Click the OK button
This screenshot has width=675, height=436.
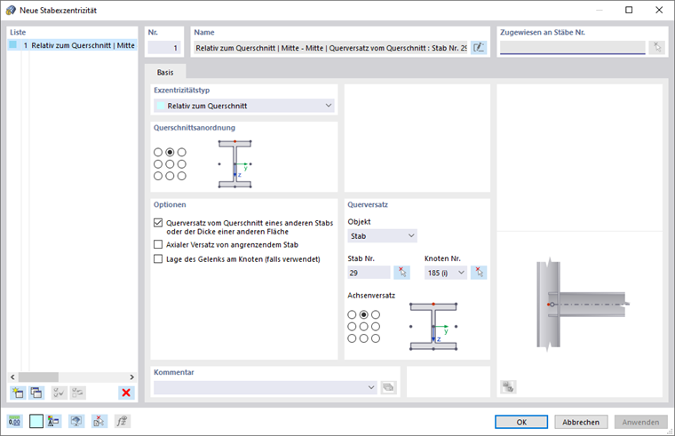tap(521, 422)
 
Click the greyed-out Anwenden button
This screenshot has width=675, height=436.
tap(640, 422)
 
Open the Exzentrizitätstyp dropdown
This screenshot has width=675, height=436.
tap(244, 106)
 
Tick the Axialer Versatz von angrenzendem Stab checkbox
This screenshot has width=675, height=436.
tap(158, 244)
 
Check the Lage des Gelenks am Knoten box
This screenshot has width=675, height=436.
tap(158, 258)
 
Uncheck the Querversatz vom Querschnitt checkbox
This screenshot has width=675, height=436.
tap(158, 223)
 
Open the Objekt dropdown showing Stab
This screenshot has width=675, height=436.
tap(382, 236)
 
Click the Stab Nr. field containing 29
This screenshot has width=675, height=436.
tap(369, 273)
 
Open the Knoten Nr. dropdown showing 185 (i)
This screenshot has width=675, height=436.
tap(446, 273)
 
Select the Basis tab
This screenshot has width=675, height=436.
tap(165, 72)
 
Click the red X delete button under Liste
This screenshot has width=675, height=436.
tap(126, 392)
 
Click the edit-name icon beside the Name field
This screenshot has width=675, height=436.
tap(479, 48)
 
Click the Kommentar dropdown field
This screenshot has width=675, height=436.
tap(266, 387)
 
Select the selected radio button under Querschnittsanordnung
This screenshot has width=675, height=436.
tap(170, 152)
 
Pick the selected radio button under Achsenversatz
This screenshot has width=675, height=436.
tap(364, 314)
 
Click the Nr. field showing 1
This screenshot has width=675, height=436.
tap(164, 48)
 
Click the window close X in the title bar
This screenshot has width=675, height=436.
tap(659, 10)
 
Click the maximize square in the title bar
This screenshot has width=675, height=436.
tap(629, 10)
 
